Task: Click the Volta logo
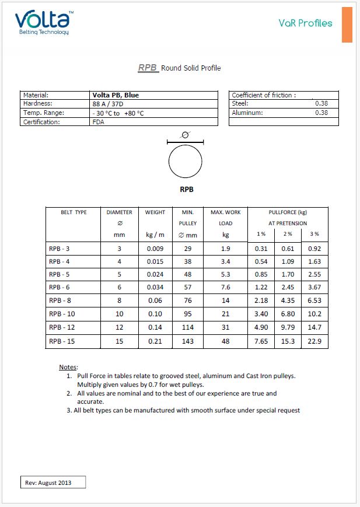click(42, 20)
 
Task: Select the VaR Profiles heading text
click(305, 23)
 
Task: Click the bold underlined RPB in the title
click(148, 68)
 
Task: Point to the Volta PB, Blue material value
click(116, 95)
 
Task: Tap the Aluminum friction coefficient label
click(247, 113)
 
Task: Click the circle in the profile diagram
click(185, 161)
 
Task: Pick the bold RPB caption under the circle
click(186, 189)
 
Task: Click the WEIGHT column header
click(155, 212)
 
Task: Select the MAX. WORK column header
click(225, 212)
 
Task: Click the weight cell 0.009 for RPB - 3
click(155, 249)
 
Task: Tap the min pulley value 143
click(188, 341)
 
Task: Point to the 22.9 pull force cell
click(314, 341)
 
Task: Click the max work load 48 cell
click(225, 341)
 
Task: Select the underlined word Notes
click(68, 367)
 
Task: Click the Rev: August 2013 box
click(53, 482)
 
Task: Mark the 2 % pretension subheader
click(288, 234)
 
